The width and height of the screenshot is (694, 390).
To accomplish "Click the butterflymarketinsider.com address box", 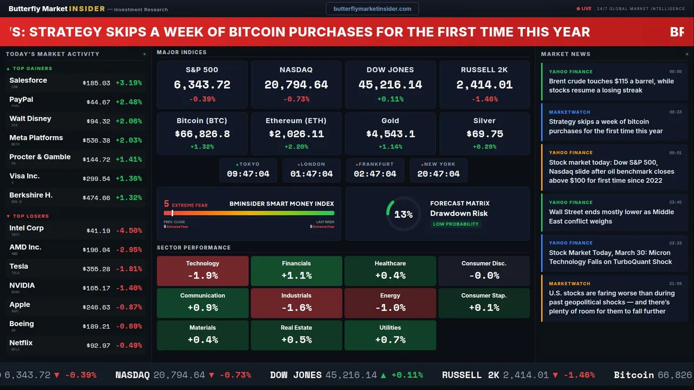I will point(372,9).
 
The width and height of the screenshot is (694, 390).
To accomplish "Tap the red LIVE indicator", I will point(584,9).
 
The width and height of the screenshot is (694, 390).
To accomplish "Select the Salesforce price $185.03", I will point(96,83).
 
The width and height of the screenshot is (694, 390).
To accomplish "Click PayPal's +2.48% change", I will point(128,102).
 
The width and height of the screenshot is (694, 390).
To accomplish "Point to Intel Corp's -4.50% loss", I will point(128,231).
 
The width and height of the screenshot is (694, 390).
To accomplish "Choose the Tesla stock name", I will point(19,266).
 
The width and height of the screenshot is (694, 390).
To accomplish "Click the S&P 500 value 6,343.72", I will point(202,85).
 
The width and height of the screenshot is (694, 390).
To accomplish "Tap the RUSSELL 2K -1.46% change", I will point(484,100).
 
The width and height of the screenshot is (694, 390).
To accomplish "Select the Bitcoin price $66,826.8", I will point(202,134).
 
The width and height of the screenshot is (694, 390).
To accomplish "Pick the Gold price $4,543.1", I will point(390,134).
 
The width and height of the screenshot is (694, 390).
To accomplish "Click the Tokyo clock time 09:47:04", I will point(248,174).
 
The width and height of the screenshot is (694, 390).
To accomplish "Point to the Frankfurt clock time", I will point(375,174).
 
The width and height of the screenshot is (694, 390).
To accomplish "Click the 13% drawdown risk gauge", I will point(403,214).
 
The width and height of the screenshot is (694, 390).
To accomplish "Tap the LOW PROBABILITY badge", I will point(455,224).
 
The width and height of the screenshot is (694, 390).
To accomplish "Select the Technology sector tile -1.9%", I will point(202,270).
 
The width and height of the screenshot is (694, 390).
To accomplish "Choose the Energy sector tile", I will point(390,302).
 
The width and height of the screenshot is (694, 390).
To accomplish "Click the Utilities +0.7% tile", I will point(390,335).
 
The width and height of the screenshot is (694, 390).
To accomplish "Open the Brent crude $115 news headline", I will point(611,86).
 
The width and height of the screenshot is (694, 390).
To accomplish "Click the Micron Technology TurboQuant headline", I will point(610,257).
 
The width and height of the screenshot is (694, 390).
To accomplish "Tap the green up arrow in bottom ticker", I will point(383,375).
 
